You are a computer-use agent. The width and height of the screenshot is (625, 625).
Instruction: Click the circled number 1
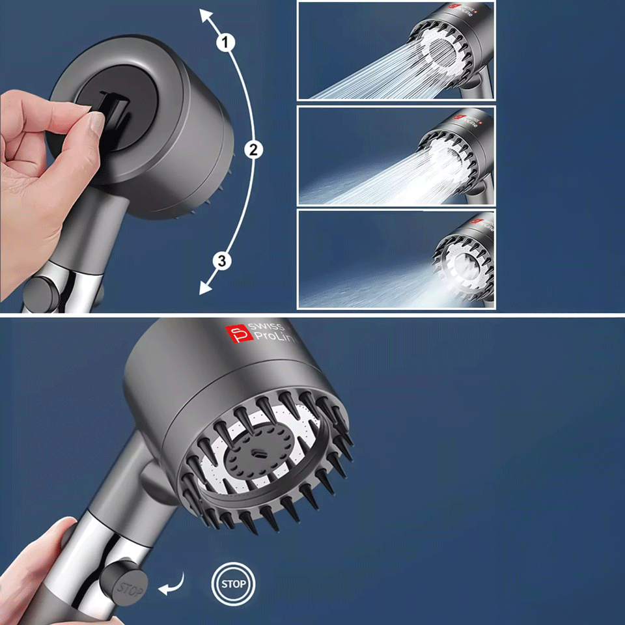tap(225, 43)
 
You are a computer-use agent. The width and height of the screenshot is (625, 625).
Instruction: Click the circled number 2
tap(253, 150)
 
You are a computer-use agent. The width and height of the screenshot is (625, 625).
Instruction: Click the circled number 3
tap(222, 262)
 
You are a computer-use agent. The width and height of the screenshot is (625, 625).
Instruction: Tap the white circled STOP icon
tap(233, 583)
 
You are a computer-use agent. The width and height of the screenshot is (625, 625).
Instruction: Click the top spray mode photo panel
tap(396, 50)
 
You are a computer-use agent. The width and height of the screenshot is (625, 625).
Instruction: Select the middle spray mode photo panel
tap(396, 156)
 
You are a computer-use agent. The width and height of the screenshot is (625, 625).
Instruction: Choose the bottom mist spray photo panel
tap(396, 258)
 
